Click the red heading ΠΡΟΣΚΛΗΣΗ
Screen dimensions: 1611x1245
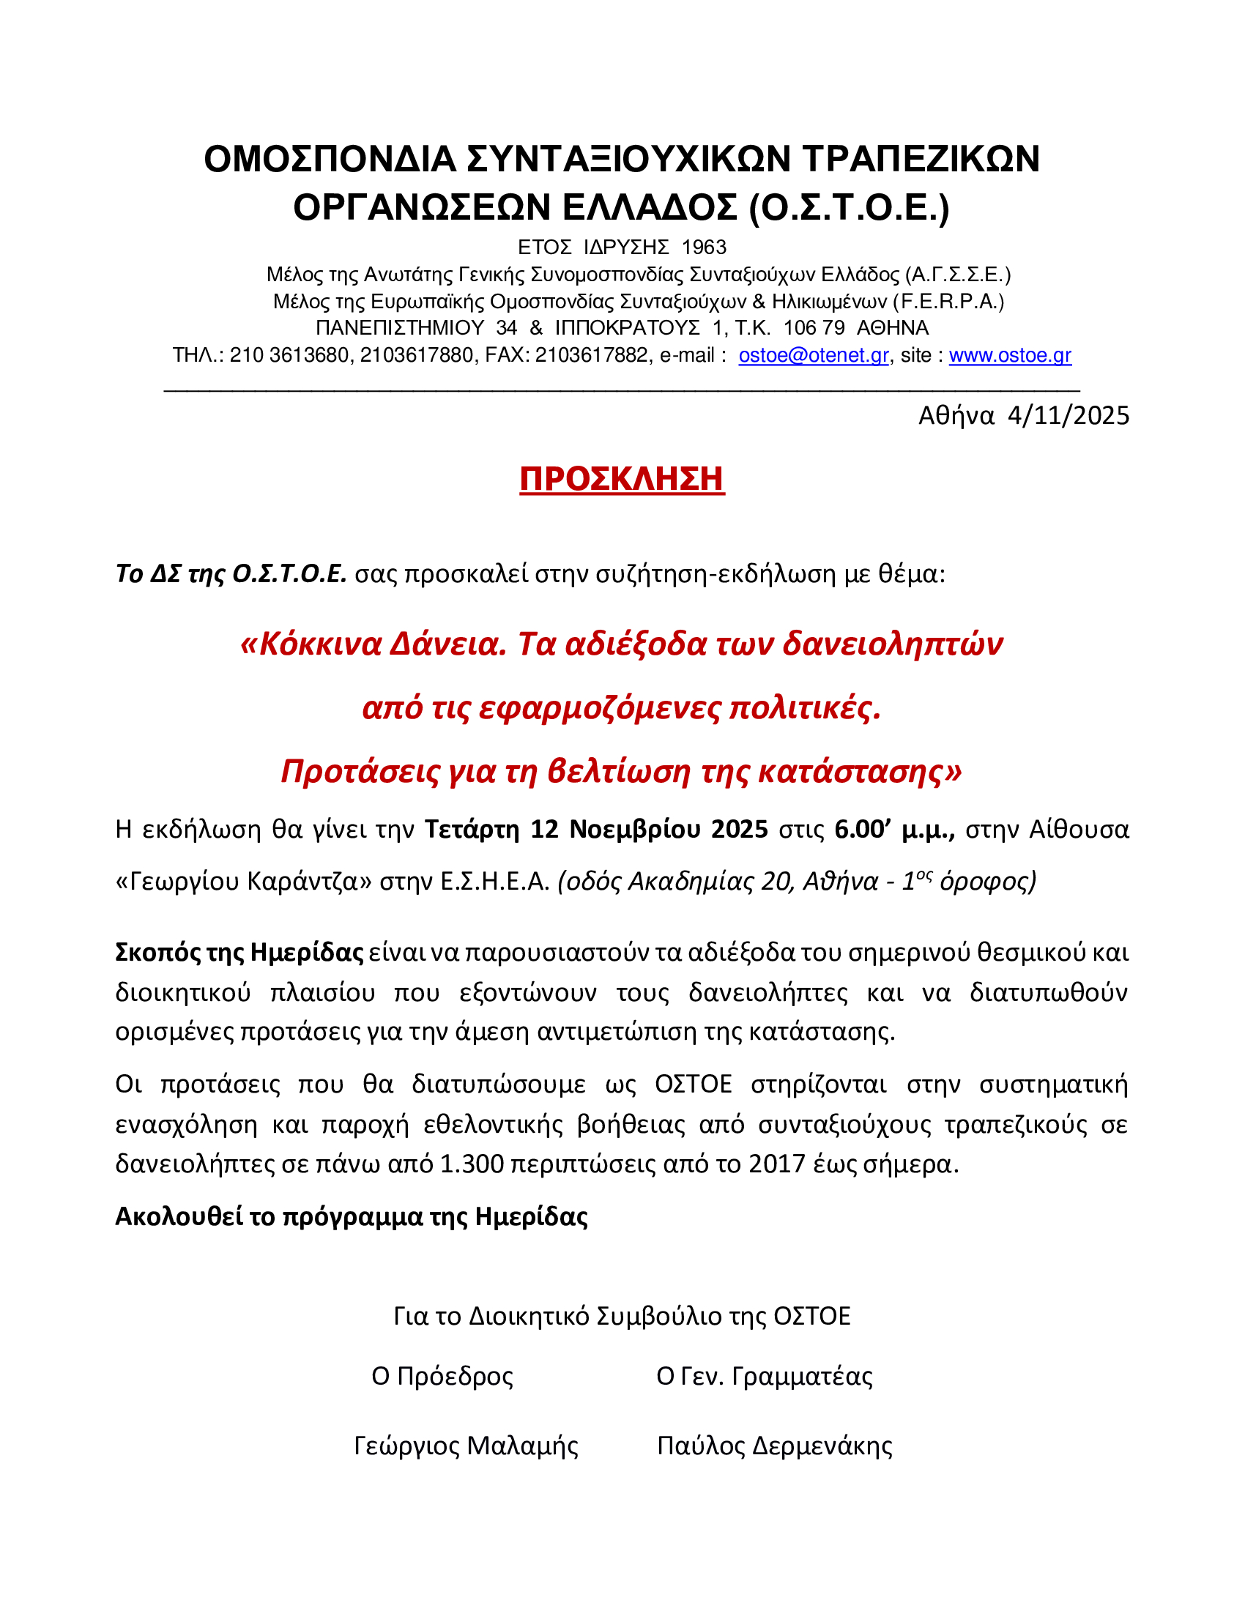622,479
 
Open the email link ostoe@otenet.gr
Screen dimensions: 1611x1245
814,356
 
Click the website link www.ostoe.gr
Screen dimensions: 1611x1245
1010,356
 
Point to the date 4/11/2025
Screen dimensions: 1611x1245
1068,416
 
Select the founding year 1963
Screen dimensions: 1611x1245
704,247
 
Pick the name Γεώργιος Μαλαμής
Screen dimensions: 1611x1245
466,1446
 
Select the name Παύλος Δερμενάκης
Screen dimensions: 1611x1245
774,1446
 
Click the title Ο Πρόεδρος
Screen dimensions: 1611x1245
442,1377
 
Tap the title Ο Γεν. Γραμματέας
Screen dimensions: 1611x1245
764,1377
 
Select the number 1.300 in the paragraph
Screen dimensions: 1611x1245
472,1164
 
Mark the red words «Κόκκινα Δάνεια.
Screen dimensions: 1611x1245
374,644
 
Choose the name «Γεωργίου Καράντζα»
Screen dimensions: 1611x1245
243,882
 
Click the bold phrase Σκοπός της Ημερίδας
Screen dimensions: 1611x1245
239,952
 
